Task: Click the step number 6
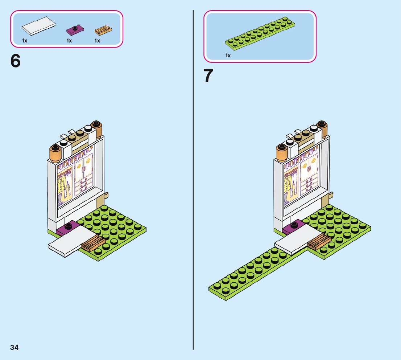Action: click(x=16, y=61)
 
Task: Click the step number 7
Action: click(x=208, y=76)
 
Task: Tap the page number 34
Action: click(x=14, y=347)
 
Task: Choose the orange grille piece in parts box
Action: click(x=103, y=29)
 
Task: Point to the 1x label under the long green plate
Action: click(x=228, y=56)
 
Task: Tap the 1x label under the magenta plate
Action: click(x=69, y=41)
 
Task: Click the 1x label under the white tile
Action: click(x=25, y=41)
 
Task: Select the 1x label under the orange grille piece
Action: click(x=97, y=41)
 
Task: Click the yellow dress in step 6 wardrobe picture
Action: click(x=65, y=187)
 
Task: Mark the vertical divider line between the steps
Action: click(x=193, y=181)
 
